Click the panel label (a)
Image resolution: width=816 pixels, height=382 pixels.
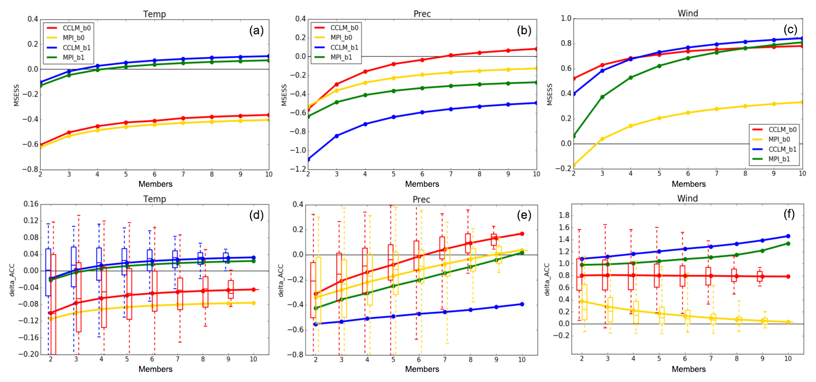coord(256,30)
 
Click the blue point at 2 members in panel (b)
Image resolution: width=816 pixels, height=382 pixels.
coord(307,159)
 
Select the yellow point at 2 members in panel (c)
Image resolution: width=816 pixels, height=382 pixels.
coord(574,166)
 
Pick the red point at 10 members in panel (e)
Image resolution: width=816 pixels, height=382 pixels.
coord(522,234)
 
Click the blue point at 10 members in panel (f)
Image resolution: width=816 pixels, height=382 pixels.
coord(788,236)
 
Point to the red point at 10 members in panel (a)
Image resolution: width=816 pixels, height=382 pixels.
coord(268,114)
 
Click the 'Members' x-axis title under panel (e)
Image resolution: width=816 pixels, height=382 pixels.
coord(421,369)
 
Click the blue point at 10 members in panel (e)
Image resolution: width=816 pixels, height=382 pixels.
coord(522,304)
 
